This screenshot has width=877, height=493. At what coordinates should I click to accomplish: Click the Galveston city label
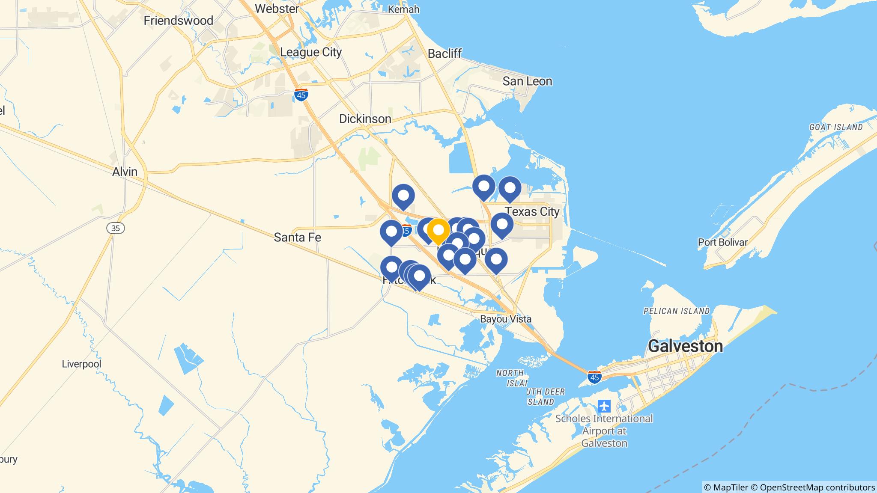[x=685, y=346]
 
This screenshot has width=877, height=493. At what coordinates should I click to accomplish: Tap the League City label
[x=311, y=52]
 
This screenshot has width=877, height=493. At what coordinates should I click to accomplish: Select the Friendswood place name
[x=178, y=21]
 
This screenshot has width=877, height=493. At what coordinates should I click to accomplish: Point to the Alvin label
[x=125, y=172]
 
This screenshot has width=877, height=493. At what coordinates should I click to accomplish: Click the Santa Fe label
[x=297, y=237]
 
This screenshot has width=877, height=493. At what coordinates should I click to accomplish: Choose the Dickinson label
[x=365, y=119]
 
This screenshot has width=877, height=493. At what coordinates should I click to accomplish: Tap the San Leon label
[x=527, y=81]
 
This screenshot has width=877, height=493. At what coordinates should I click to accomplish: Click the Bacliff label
[x=444, y=53]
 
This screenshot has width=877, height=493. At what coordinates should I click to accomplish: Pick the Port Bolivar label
[x=723, y=242]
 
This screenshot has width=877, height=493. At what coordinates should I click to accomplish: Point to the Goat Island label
[x=836, y=127]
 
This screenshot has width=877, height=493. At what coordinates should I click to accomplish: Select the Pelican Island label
[x=677, y=311]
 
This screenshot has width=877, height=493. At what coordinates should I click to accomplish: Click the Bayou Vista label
[x=506, y=319]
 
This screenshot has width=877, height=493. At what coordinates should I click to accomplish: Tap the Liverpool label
[x=81, y=364]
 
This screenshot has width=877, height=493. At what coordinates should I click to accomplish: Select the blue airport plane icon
[x=604, y=405]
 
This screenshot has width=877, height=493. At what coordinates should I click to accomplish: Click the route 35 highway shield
[x=116, y=229]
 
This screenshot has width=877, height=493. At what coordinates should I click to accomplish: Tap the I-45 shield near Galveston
[x=594, y=377]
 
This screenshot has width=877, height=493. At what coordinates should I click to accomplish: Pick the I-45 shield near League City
[x=301, y=95]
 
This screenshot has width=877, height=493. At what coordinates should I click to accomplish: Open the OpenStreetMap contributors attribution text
[x=816, y=487]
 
